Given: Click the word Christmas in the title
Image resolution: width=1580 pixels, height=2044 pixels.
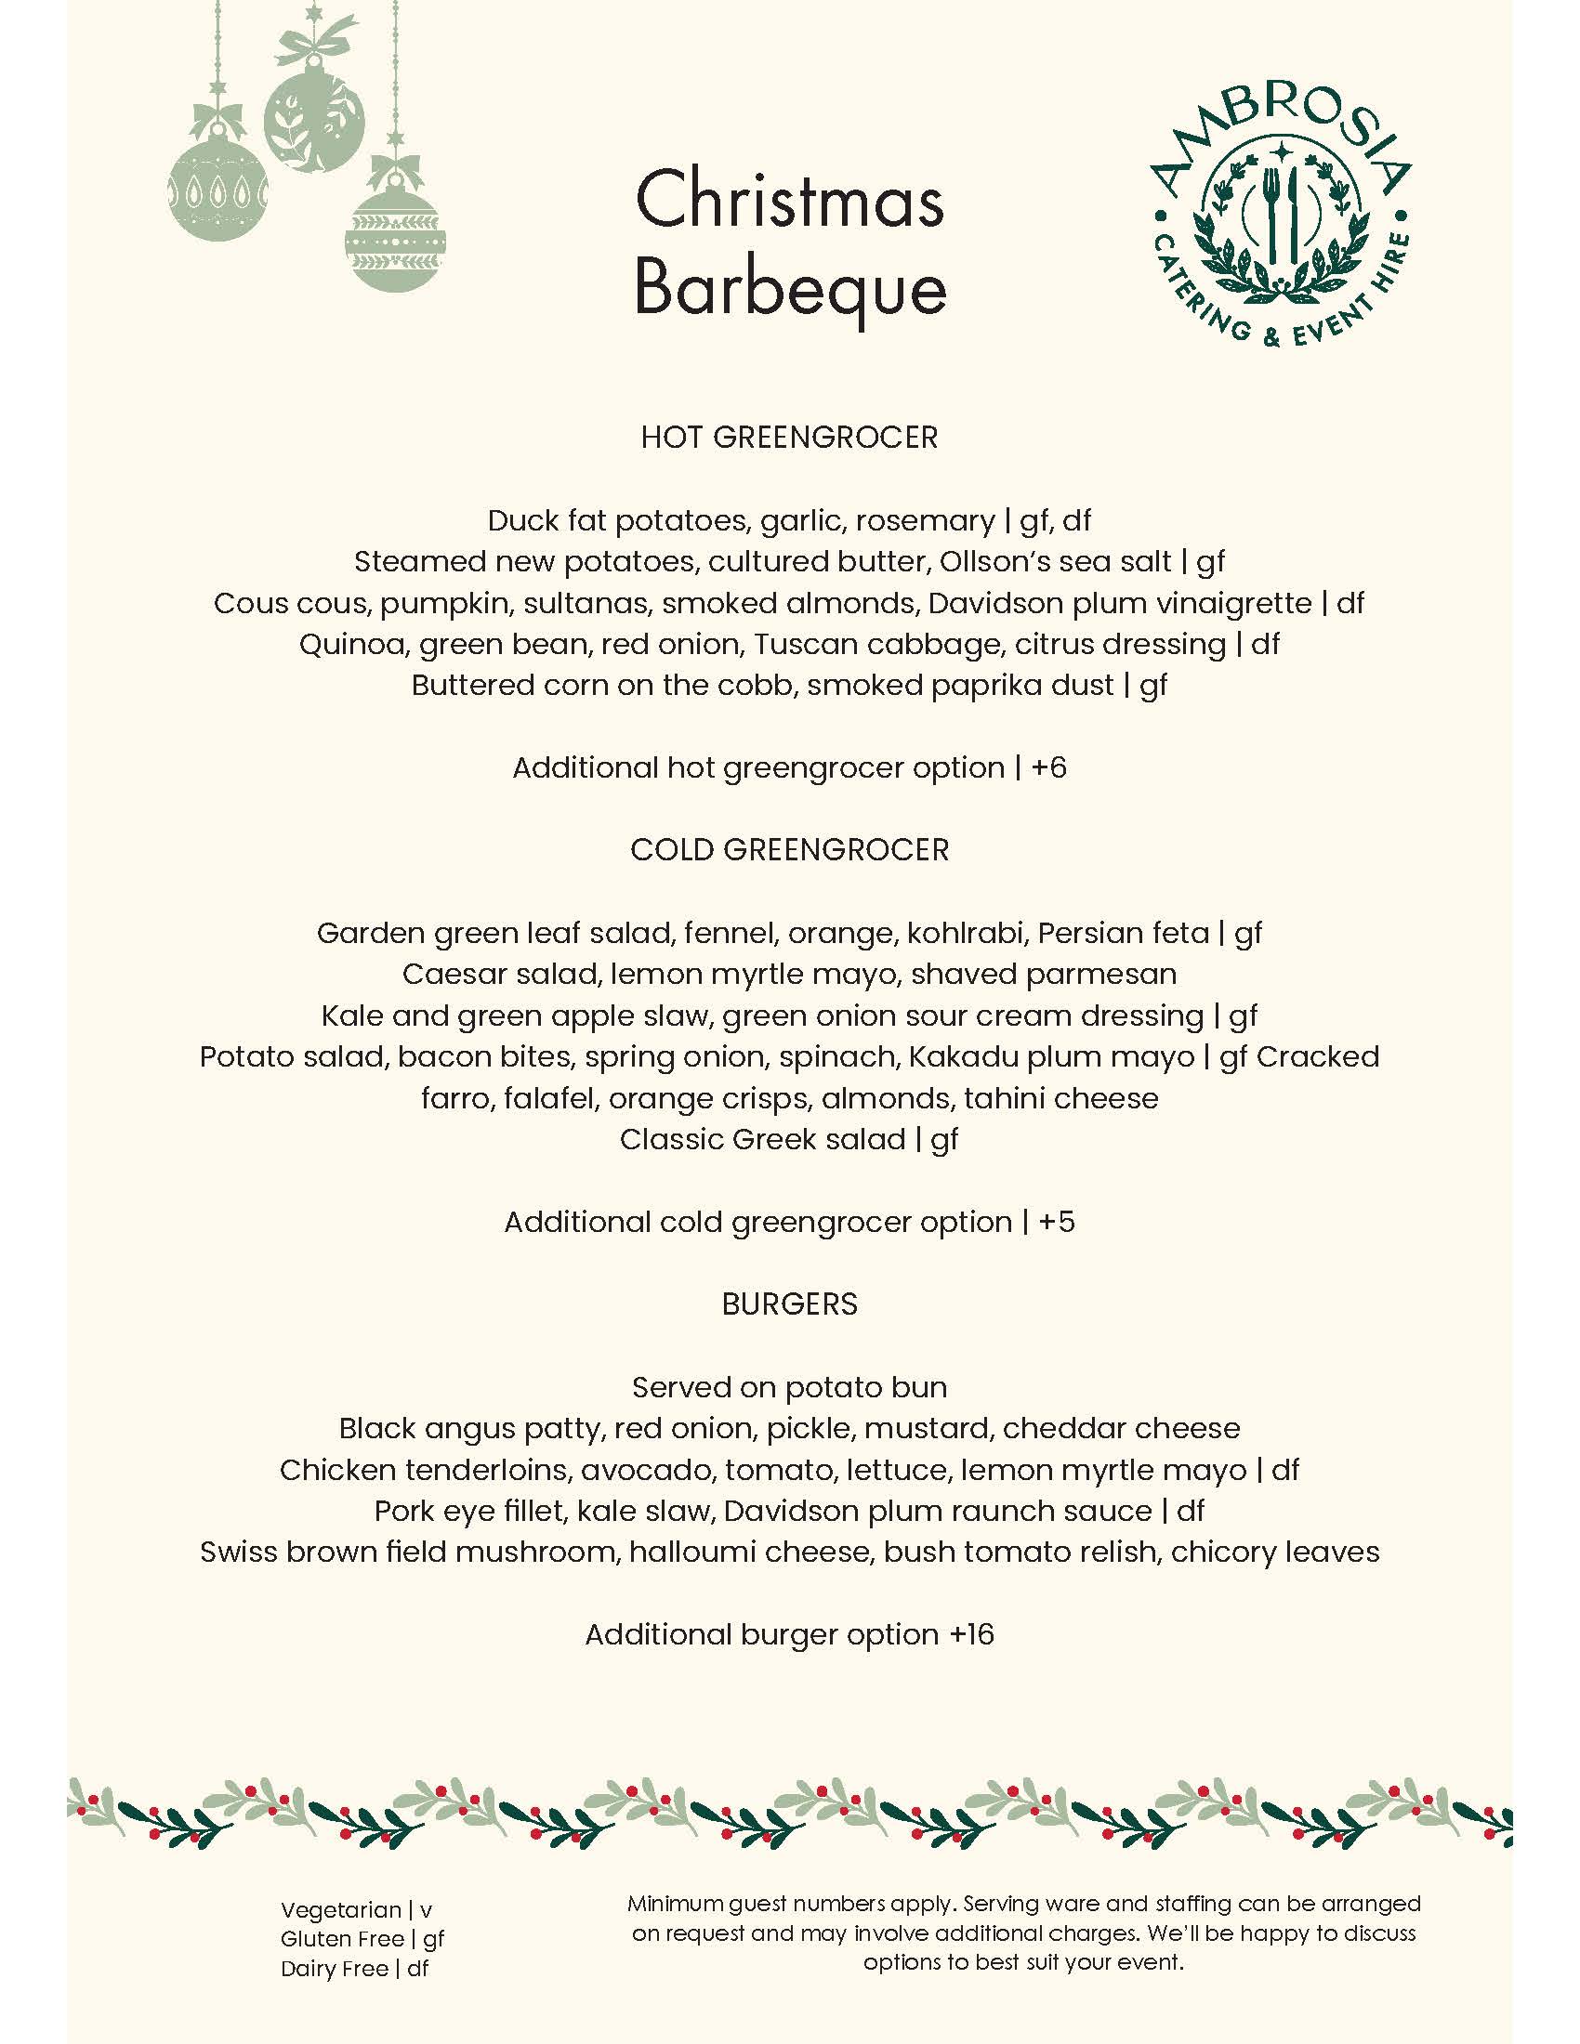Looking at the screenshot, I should coord(790,201).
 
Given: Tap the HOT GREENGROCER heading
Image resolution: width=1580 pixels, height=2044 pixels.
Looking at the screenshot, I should coord(789,438).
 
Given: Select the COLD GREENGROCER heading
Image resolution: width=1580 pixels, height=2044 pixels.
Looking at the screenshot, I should coord(789,850).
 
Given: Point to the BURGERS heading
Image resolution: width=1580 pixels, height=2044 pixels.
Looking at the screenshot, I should coord(789,1304).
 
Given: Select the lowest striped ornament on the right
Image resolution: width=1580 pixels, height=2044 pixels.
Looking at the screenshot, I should coord(395,239).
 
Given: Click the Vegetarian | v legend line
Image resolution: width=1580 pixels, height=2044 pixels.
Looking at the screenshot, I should coord(356,1910).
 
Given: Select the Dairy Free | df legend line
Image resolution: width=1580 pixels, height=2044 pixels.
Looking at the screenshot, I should coord(354,1968).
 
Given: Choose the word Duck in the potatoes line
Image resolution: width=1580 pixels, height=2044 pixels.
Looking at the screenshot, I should coord(519,520).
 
